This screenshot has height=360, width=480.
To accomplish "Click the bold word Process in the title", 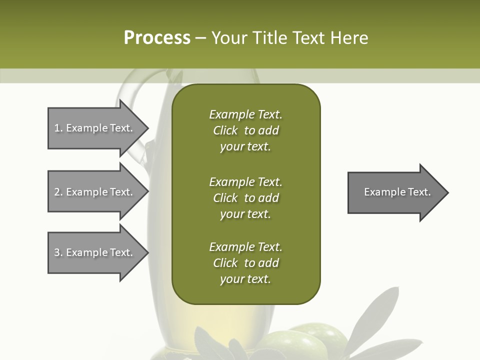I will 157,37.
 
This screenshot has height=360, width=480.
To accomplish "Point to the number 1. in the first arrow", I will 58,128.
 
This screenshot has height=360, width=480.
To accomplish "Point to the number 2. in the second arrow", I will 58,192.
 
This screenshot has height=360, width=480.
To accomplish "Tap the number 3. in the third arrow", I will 58,252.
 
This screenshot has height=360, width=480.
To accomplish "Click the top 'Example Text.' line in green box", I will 245,114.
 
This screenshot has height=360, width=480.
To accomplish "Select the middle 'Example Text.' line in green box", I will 245,181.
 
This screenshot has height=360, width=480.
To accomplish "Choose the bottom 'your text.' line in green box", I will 245,279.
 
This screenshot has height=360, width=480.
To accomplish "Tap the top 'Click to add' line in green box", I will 245,130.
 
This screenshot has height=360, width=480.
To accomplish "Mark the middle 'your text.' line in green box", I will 245,214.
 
